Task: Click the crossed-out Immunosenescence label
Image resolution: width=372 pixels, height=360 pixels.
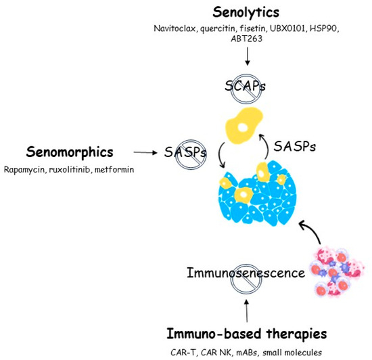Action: (246, 273)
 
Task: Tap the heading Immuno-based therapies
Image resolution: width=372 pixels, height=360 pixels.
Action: (246, 334)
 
